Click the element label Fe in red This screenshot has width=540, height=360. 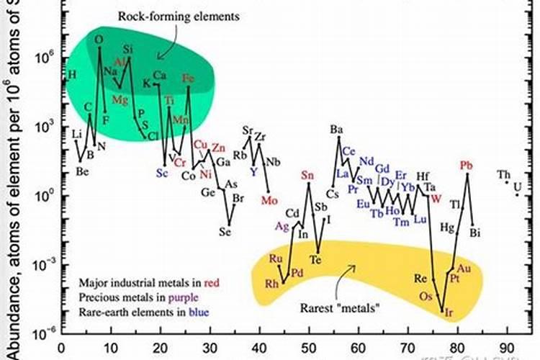[189, 78]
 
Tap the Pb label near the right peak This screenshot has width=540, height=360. [467, 166]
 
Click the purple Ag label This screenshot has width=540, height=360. [282, 225]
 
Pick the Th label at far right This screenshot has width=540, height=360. [504, 174]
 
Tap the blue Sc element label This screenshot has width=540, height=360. [161, 174]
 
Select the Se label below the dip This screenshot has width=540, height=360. [225, 232]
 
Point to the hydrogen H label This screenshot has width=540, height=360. [71, 74]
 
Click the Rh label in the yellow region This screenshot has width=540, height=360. [271, 283]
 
